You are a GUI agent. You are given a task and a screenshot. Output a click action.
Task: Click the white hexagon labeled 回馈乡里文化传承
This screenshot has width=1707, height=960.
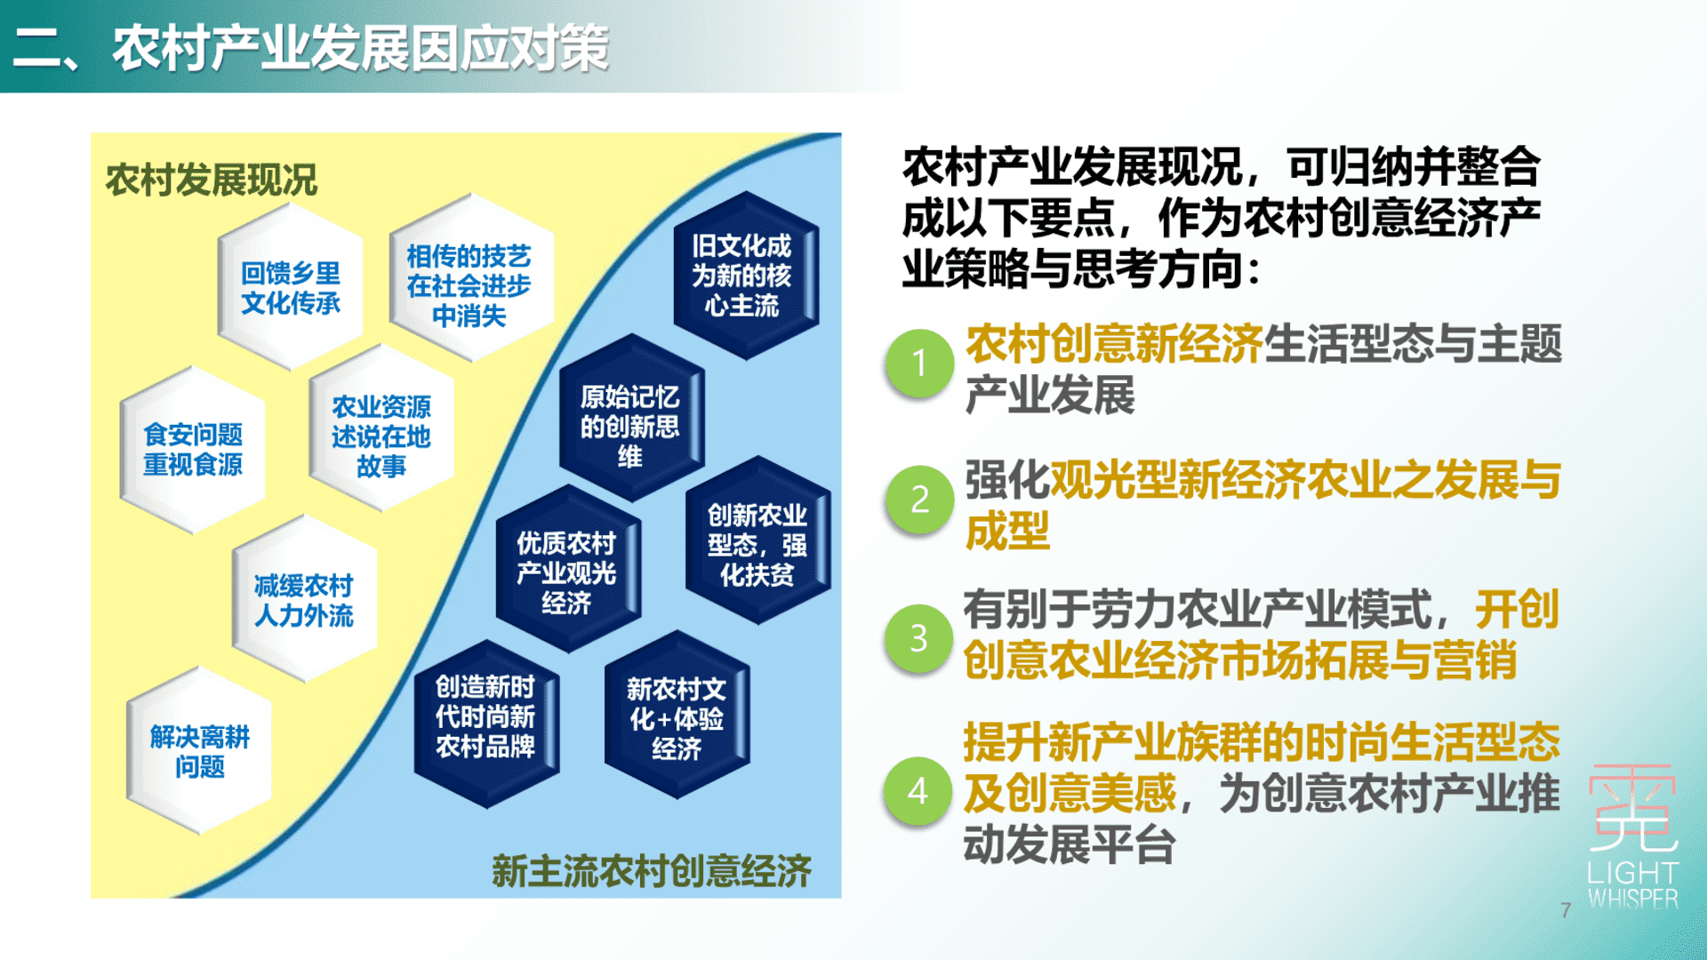(x=291, y=287)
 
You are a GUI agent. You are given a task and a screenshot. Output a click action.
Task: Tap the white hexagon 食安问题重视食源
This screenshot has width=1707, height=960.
(x=193, y=450)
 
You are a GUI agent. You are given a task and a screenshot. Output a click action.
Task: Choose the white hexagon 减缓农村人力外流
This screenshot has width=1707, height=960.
(x=304, y=600)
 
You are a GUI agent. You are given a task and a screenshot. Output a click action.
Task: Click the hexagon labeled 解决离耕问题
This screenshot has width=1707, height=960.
(x=199, y=751)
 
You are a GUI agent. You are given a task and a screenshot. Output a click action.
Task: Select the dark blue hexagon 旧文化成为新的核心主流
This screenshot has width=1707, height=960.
(x=745, y=276)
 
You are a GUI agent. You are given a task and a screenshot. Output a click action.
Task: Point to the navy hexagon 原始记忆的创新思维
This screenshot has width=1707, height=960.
(x=631, y=419)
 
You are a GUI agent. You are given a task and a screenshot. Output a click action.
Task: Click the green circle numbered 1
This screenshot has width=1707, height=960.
(x=919, y=364)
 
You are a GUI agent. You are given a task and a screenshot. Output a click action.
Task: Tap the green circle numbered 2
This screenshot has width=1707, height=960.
(x=919, y=500)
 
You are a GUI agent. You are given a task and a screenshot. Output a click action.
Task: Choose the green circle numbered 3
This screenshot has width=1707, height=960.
(x=919, y=638)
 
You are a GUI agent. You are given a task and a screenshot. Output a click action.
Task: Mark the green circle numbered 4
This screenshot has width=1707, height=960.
(x=919, y=791)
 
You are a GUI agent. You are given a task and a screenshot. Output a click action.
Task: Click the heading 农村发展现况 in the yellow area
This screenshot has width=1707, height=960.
(x=211, y=180)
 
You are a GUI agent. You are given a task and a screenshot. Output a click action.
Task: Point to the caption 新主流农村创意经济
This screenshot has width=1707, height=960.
(x=652, y=870)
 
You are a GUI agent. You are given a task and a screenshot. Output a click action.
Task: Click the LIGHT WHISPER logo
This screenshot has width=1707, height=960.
(x=1633, y=836)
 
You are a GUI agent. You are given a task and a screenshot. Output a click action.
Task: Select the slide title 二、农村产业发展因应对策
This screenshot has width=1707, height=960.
(x=311, y=47)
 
